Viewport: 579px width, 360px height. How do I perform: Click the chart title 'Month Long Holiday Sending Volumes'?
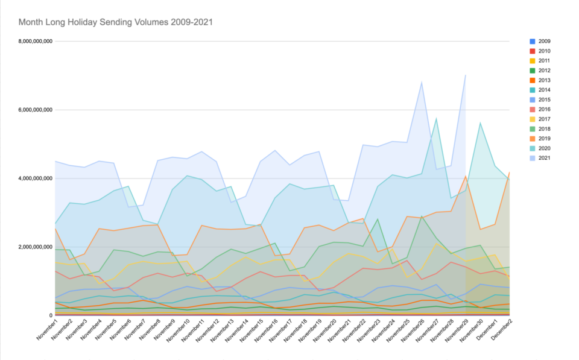(x=115, y=22)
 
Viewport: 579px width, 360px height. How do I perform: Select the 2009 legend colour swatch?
(x=531, y=42)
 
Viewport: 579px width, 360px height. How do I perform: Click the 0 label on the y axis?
(x=50, y=315)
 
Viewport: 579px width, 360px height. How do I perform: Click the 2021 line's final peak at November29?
(x=466, y=75)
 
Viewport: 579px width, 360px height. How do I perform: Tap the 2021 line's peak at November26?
(x=422, y=81)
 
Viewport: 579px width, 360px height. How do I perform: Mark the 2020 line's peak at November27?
(x=436, y=118)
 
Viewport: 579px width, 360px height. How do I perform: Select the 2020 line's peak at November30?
(x=480, y=123)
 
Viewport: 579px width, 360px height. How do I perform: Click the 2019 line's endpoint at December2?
(x=510, y=172)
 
